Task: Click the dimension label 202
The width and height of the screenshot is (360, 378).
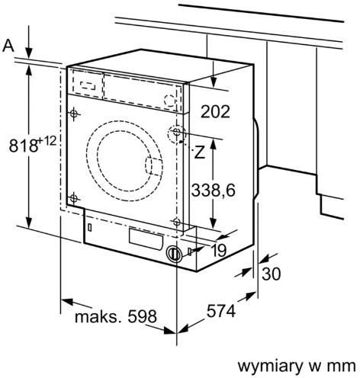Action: (x=215, y=111)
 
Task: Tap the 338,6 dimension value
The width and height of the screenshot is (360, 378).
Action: (x=213, y=190)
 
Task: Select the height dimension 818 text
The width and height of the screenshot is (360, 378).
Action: (x=24, y=146)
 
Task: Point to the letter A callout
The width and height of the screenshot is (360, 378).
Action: (x=8, y=46)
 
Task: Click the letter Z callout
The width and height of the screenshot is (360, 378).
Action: (x=199, y=152)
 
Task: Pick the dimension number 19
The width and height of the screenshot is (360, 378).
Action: (x=219, y=250)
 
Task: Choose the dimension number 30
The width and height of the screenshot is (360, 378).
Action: (x=272, y=274)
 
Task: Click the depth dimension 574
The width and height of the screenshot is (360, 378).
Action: (x=221, y=311)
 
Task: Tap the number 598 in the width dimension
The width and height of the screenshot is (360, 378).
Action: (x=142, y=316)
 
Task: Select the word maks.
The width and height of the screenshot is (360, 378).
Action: (x=98, y=316)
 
